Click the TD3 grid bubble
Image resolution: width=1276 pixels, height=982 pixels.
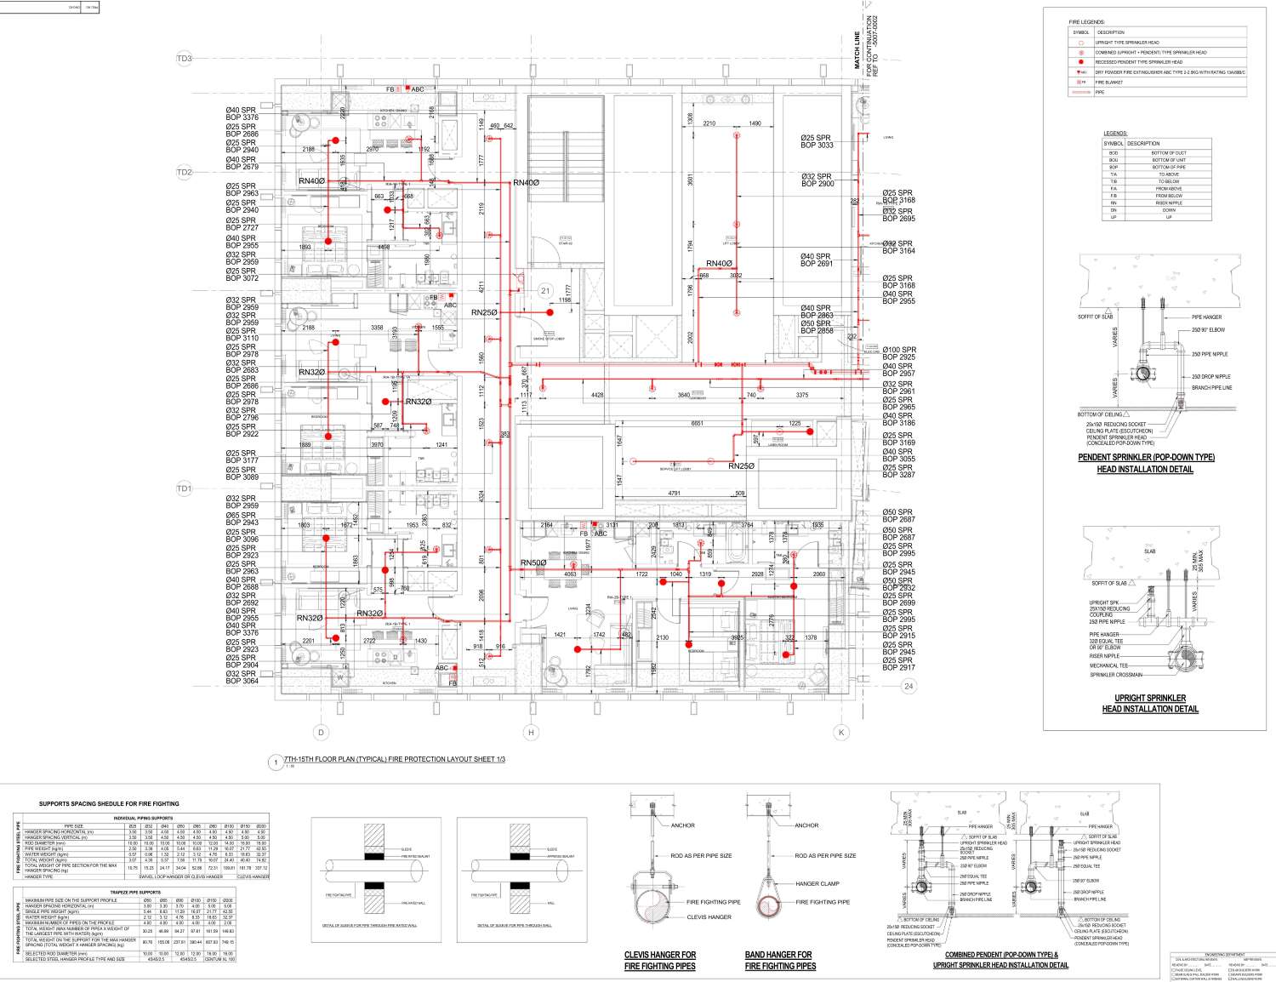pos(185,59)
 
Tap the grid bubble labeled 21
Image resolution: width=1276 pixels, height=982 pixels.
pos(545,291)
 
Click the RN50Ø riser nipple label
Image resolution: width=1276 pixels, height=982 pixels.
pos(533,563)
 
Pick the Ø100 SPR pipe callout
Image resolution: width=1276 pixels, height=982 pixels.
pos(899,350)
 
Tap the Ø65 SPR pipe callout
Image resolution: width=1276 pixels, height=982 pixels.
pos(241,516)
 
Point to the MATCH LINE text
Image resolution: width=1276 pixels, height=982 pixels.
pos(857,47)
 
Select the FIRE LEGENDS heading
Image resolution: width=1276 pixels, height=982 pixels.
pos(1086,21)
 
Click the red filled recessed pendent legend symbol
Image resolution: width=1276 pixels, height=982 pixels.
pos(1080,62)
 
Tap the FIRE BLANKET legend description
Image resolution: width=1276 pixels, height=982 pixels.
pos(1111,83)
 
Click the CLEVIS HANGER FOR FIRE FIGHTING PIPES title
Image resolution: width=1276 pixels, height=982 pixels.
pos(660,960)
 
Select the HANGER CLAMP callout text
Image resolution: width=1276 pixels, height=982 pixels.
pos(817,883)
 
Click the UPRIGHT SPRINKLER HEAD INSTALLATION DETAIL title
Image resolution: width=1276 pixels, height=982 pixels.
pos(1150,704)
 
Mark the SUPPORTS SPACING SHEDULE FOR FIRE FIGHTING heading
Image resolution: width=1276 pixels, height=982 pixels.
pos(109,803)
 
